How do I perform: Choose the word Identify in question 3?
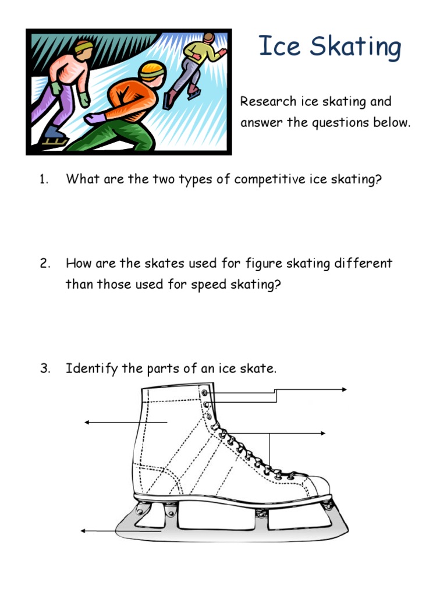point(92,368)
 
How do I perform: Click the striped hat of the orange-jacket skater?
point(152,71)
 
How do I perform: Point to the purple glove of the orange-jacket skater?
point(94,119)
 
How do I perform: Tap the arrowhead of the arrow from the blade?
point(83,531)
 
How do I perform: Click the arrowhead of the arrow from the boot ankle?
point(88,422)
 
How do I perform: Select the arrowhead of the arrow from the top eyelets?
point(345,390)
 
